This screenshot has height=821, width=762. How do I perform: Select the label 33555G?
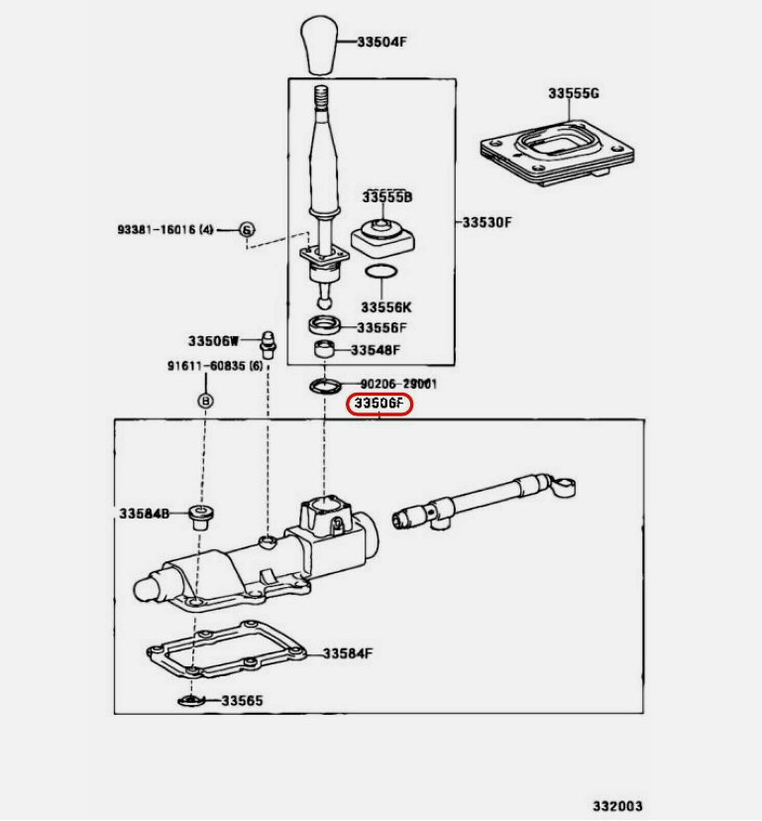pos(574,94)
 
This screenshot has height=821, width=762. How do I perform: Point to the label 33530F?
pos(487,222)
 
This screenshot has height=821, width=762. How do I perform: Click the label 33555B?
pos(386,197)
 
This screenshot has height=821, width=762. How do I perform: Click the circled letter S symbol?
pos(247,230)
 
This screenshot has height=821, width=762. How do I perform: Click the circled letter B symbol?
pos(206,402)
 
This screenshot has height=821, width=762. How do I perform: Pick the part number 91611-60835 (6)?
pos(214,367)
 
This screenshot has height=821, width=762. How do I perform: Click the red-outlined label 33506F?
pos(379,405)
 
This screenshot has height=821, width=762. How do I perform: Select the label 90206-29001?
pos(397,384)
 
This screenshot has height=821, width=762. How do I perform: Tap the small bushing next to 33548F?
pos(324,350)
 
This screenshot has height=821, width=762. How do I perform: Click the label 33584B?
pos(145,514)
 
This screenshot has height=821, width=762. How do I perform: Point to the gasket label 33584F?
pos(347,653)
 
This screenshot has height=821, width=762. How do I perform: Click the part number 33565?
pos(242,700)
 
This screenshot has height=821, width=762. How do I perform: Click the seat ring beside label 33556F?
pos(323,325)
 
